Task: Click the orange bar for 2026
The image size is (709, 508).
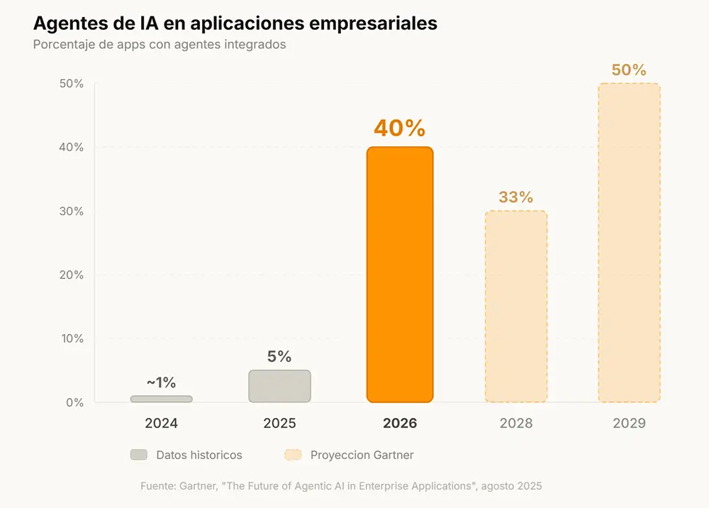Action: (399, 275)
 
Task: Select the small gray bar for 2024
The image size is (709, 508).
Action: (161, 399)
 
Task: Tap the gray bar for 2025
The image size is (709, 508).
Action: (279, 386)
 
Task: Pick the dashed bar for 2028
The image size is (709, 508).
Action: (515, 307)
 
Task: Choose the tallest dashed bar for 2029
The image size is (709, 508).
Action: (629, 243)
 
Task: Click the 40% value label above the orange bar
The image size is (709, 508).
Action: (399, 128)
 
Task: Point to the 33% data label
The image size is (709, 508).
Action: (515, 197)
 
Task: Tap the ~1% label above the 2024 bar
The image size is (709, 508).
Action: (161, 382)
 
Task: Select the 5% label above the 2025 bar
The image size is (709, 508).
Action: (279, 357)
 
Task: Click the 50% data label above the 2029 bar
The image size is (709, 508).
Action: (629, 70)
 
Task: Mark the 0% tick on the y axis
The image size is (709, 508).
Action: (73, 402)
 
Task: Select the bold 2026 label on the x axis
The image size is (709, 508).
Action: (399, 424)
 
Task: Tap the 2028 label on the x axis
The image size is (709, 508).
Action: (515, 424)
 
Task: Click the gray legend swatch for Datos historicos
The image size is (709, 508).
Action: (139, 455)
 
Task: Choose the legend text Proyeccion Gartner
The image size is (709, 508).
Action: (362, 455)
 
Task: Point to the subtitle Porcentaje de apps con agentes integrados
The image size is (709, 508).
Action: (160, 44)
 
